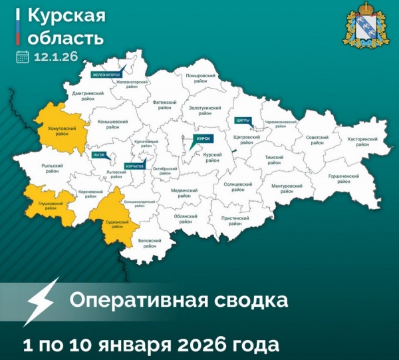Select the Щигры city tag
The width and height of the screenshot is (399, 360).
[243, 120]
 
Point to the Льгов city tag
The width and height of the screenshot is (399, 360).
[100, 154]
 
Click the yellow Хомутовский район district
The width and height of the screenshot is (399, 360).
[62, 128]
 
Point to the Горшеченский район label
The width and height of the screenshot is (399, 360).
[344, 178]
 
